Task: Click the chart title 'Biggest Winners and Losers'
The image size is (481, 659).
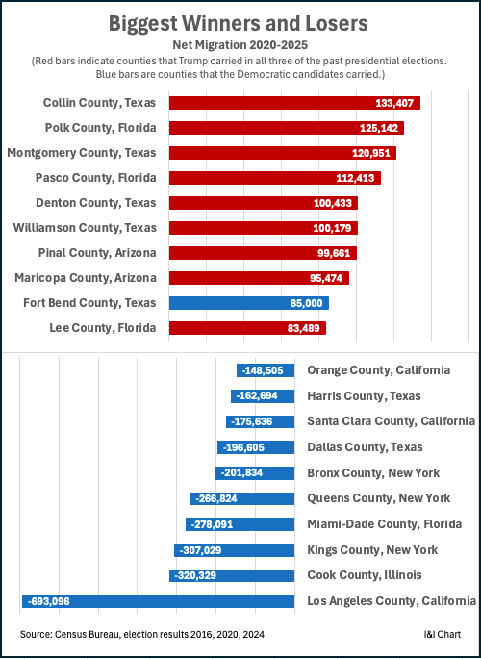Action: click(x=240, y=22)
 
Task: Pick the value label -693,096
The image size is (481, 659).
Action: click(x=56, y=601)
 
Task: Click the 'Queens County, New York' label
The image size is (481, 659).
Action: click(x=378, y=498)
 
